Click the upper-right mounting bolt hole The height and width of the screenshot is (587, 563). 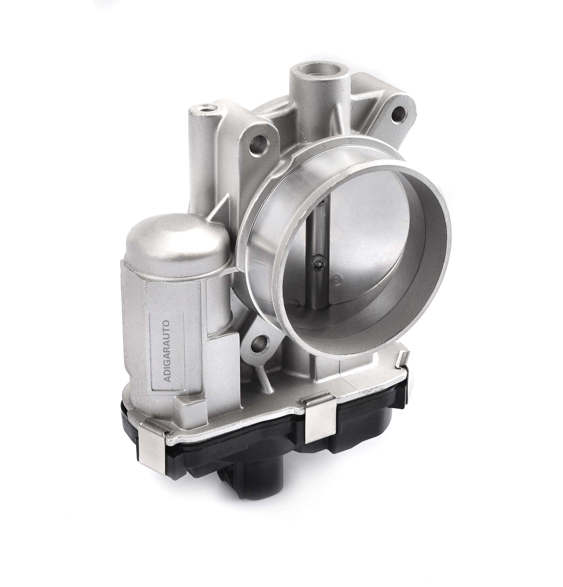coord(399,112)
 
